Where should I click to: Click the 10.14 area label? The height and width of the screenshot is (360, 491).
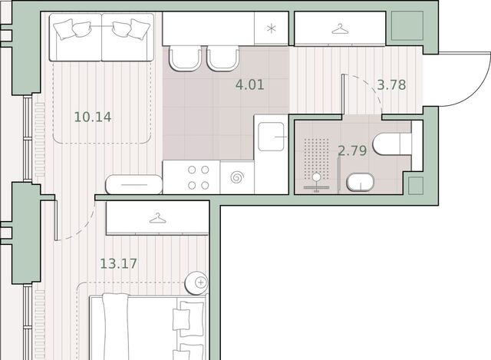coord(93,117)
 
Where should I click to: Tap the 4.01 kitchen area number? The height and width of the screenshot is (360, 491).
coord(249,85)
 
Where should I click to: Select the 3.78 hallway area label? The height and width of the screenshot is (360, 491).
coord(391,85)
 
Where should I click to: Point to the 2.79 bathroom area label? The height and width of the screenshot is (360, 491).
coord(352,150)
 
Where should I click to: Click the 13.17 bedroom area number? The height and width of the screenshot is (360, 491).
coord(118,263)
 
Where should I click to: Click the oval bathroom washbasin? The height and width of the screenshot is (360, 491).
coord(361,182)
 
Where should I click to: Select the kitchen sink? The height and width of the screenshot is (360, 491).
coord(271,137)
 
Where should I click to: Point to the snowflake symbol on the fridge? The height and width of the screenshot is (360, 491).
coord(271,29)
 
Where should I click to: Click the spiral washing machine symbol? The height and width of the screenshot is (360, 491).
coord(237,177)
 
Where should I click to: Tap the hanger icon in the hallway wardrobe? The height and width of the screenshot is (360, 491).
coord(340,29)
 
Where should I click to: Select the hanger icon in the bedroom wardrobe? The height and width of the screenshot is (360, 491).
coord(158,219)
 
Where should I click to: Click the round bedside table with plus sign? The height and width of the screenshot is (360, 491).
coord(196,283)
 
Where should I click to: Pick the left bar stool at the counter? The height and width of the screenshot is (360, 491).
coord(186,58)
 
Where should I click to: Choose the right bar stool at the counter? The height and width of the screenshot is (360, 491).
coord(223,58)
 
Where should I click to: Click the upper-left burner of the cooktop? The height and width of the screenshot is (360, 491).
coord(192,170)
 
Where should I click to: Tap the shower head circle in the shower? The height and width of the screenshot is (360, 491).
coord(317,177)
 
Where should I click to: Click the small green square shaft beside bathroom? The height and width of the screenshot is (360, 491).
coord(416,186)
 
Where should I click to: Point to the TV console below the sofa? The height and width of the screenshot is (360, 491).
coord(134,184)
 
